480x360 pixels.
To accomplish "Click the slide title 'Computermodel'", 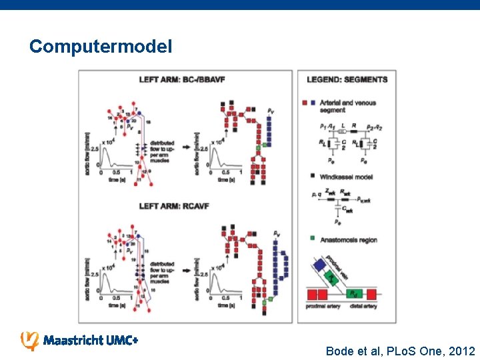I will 101,47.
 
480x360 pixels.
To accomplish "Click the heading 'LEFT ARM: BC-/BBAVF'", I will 181,80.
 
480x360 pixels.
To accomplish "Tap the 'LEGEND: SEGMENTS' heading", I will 347,80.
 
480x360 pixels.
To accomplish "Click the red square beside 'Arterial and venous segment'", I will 305,103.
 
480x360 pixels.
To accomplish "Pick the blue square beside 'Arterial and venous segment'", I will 313,103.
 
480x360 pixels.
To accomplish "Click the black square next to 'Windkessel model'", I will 313,177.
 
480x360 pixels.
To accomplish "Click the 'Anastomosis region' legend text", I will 349,239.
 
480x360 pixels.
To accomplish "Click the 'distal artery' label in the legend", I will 364,306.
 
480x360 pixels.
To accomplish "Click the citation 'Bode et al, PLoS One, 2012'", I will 400,351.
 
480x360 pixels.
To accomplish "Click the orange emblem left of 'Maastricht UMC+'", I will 30,340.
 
